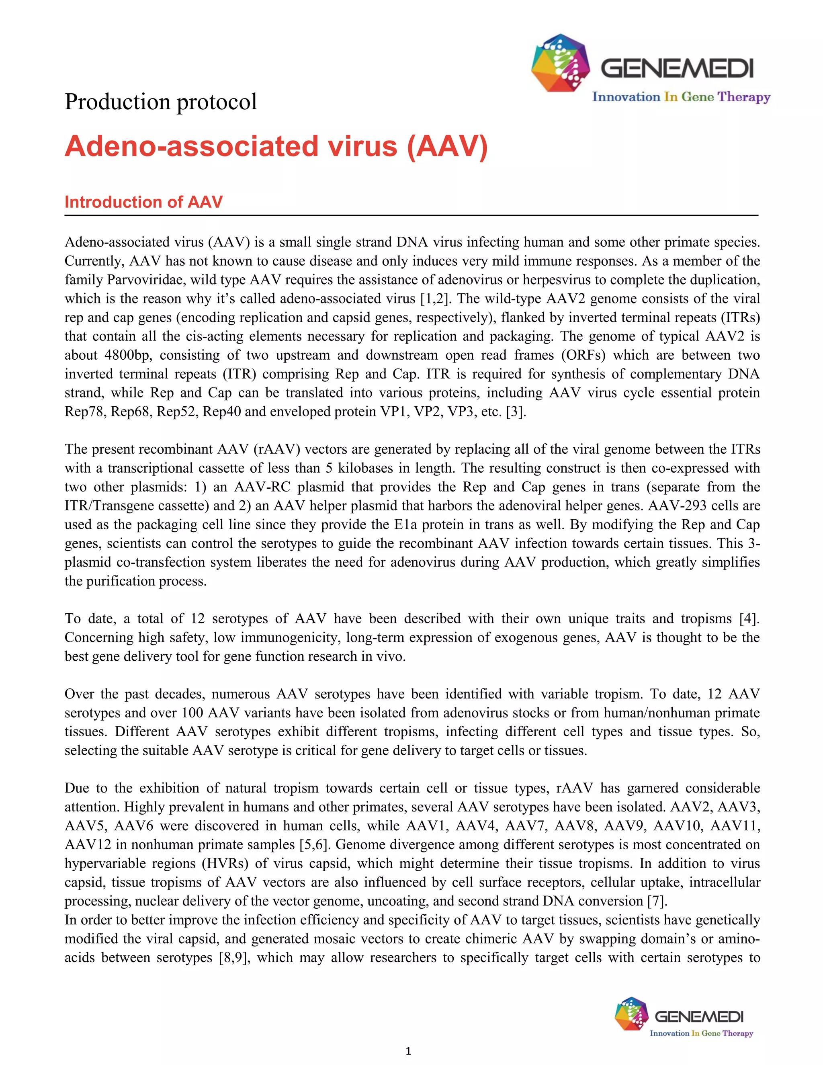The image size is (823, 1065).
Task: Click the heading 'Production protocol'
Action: click(160, 102)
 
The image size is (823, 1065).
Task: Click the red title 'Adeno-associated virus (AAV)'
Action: click(276, 146)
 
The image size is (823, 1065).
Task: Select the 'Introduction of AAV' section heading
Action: click(143, 202)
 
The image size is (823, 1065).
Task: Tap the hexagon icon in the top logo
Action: click(560, 63)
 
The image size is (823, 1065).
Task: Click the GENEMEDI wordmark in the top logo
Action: click(677, 69)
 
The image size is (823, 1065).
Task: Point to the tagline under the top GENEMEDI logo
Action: click(681, 97)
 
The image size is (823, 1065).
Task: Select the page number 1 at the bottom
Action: click(408, 1051)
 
